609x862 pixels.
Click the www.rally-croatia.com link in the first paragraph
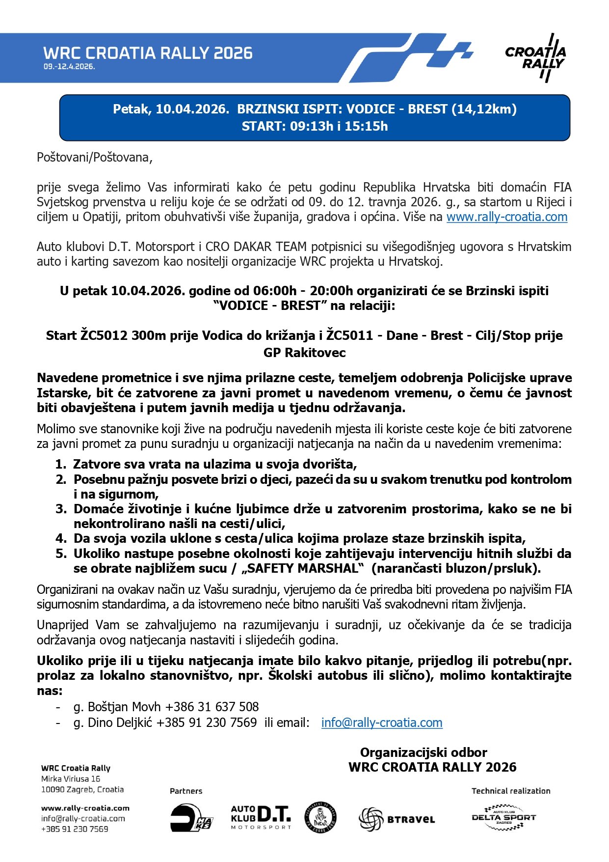coord(506,217)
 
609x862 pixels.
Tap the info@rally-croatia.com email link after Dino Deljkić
coord(382,723)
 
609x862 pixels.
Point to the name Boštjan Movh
coord(124,707)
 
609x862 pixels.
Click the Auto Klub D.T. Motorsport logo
coord(261,817)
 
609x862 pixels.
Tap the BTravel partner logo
coord(397,819)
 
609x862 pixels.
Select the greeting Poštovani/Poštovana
coord(95,158)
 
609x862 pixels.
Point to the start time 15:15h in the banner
coord(367,126)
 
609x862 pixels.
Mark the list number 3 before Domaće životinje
coord(61,509)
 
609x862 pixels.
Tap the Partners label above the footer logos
coord(186,791)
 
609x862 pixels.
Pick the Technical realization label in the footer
coord(511,791)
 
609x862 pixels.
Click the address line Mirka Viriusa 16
coord(71,779)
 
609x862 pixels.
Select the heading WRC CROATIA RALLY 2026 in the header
coord(148,53)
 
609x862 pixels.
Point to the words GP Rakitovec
coord(304,353)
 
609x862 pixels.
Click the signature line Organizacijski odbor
coord(424,752)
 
